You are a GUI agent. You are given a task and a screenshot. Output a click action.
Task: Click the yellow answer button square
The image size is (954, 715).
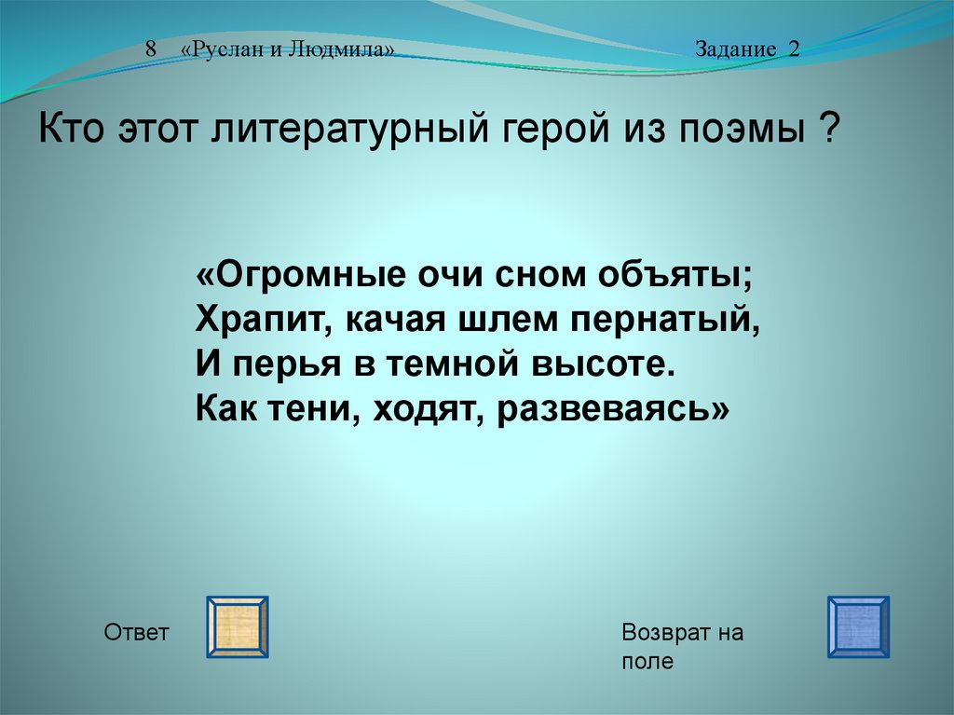238,626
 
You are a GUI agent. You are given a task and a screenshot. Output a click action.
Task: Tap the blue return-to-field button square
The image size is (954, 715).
858,626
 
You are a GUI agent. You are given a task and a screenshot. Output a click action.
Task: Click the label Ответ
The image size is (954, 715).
136,632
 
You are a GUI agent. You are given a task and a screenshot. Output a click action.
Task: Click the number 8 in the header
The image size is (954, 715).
151,48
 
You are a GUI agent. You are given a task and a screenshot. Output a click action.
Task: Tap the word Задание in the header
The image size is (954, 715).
736,49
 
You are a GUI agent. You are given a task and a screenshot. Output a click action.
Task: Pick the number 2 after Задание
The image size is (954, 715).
794,48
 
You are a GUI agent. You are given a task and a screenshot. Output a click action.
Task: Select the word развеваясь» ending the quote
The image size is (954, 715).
613,409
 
